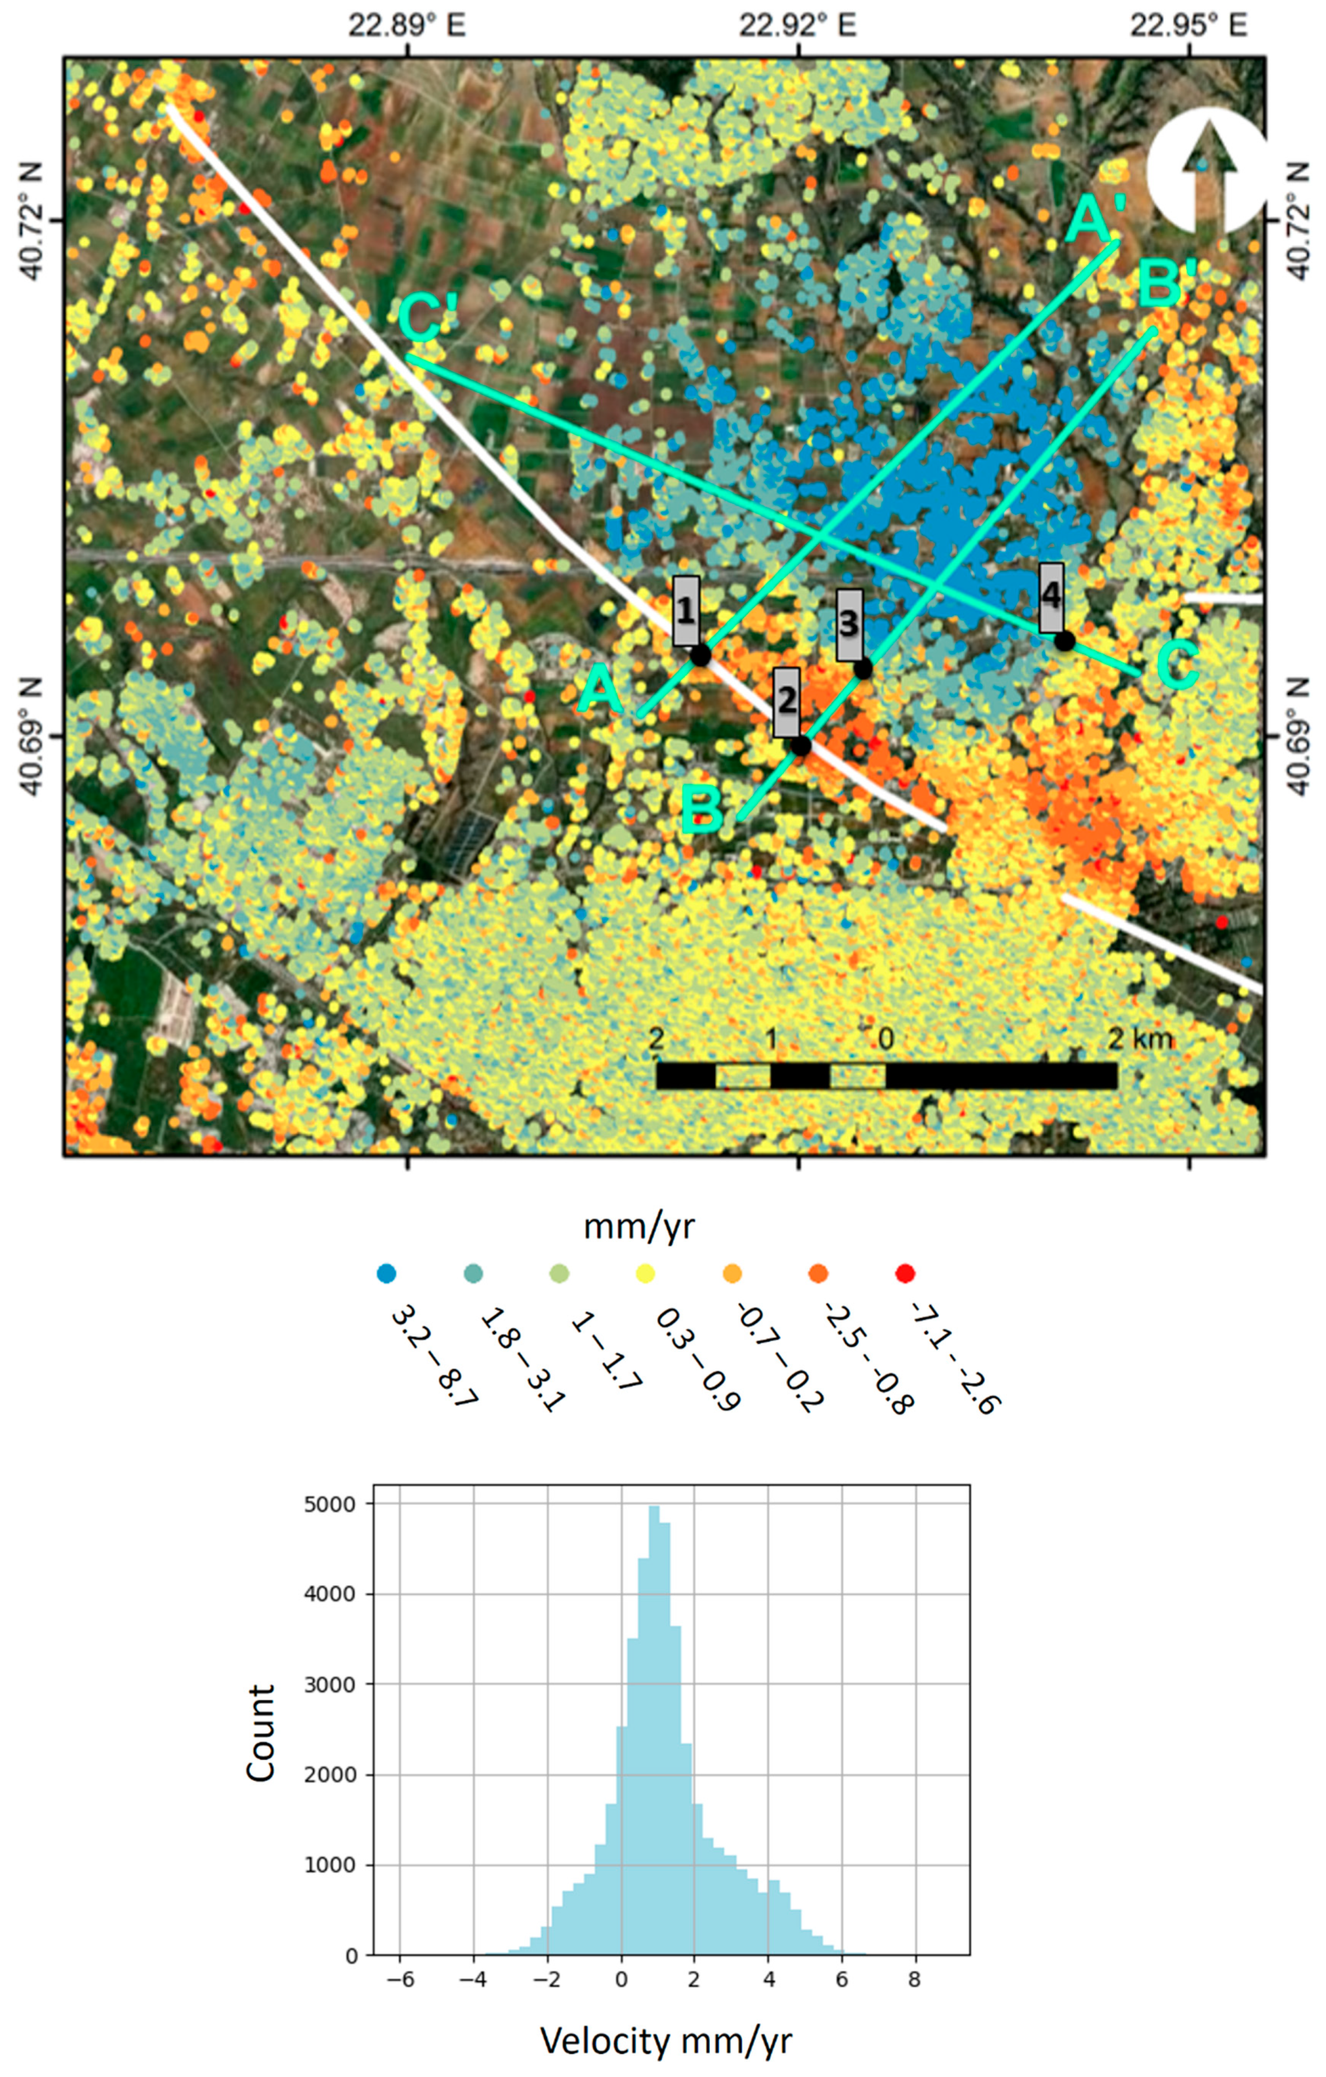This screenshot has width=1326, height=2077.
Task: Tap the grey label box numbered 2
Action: [786, 702]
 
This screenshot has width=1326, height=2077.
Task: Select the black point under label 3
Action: [863, 669]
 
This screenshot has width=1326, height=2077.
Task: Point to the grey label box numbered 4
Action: [1051, 598]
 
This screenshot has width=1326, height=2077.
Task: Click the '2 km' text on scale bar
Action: [1141, 1039]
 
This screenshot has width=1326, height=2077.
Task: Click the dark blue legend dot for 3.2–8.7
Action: [387, 1273]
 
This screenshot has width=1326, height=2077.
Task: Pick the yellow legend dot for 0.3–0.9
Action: [646, 1273]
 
